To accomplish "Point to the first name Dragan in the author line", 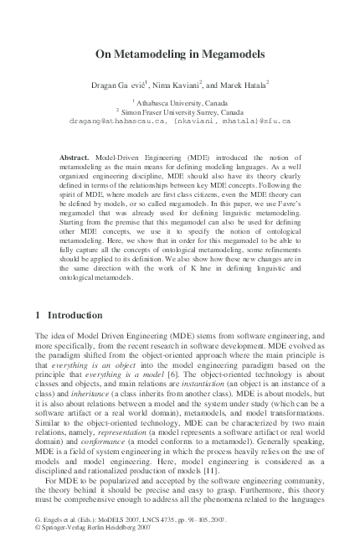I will point(105,85).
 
